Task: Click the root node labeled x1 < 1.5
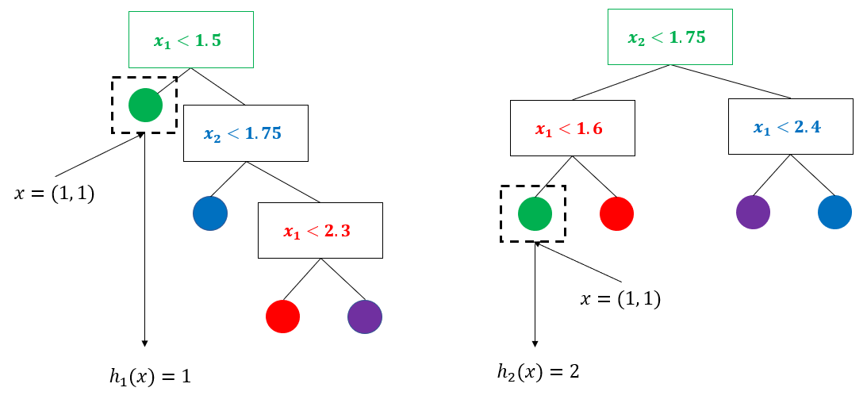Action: [190, 40]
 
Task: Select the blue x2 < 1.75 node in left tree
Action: [245, 132]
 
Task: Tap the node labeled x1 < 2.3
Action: [320, 230]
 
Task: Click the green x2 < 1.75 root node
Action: [669, 37]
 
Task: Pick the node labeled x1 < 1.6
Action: [572, 127]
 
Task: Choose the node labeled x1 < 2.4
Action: [790, 126]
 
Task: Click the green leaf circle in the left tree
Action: [145, 105]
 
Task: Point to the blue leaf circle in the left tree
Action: [210, 213]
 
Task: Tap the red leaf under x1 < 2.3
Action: [282, 317]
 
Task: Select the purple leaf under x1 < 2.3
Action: [365, 317]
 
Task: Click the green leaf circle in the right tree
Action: [535, 213]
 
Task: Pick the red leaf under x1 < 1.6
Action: [616, 213]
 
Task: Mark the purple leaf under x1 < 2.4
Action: [753, 213]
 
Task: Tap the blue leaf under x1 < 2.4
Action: [834, 213]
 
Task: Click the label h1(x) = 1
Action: [151, 376]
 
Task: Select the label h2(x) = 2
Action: [539, 370]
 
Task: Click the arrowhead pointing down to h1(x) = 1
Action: [144, 343]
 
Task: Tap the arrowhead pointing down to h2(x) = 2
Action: [535, 344]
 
